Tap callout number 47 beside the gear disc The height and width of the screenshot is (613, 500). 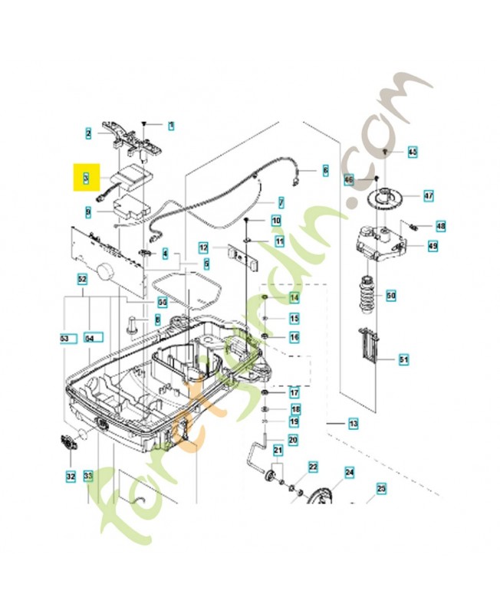[429, 196]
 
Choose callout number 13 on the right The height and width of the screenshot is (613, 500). [353, 424]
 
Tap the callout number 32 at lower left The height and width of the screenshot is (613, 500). [71, 477]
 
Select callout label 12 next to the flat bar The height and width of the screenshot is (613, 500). [203, 247]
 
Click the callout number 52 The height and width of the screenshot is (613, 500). [82, 280]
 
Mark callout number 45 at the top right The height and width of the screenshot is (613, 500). [412, 152]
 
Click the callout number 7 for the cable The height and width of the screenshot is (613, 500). [281, 203]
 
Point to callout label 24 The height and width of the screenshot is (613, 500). [349, 473]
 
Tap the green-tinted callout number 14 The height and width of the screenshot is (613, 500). [294, 297]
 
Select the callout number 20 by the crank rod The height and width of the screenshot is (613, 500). [293, 440]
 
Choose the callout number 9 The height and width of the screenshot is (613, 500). [87, 208]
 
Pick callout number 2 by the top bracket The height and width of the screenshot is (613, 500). [88, 133]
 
